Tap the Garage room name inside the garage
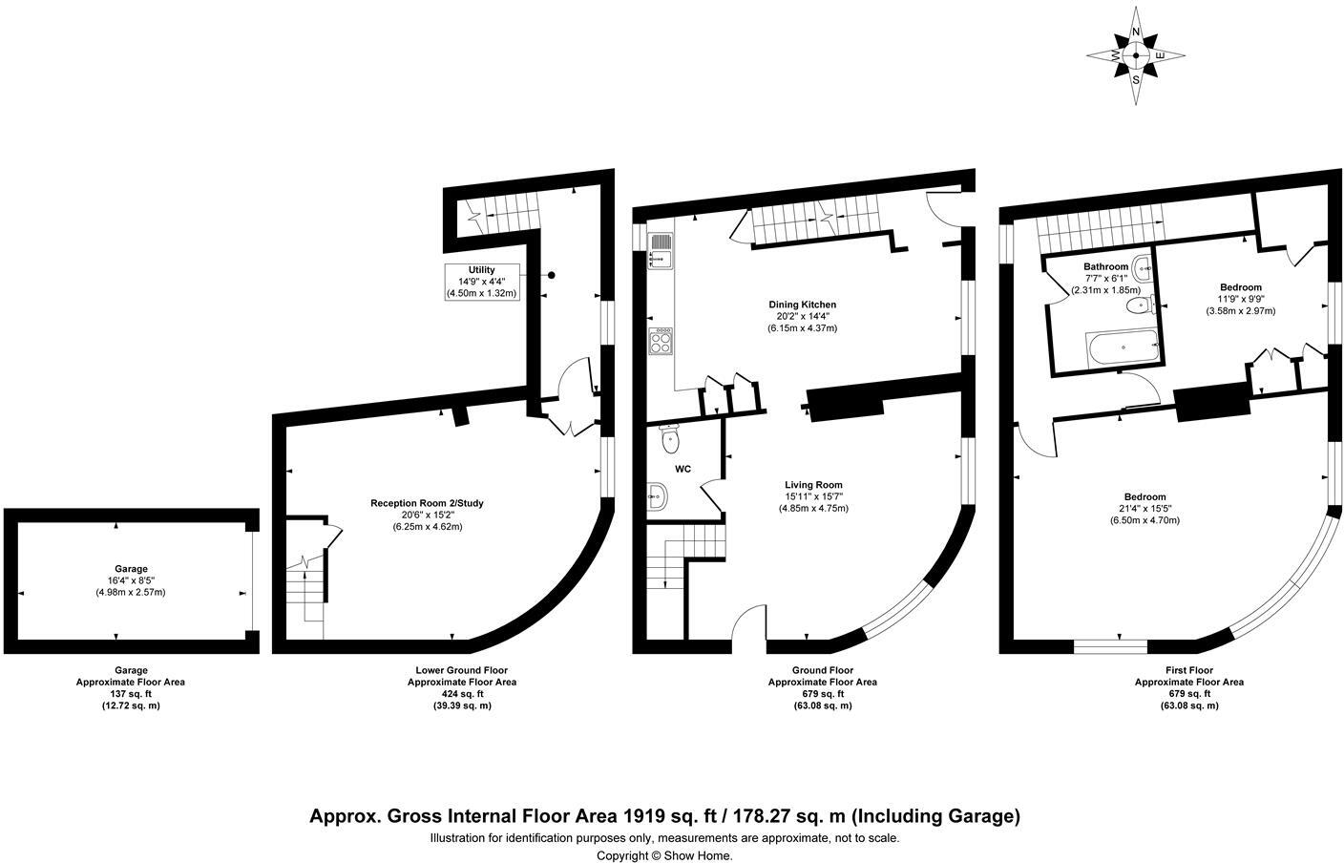coord(131,568)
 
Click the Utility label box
coord(482,282)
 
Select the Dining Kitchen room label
coord(802,305)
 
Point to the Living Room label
coord(813,484)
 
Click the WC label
coord(682,469)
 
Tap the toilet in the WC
coord(669,439)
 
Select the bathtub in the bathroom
coord(1122,347)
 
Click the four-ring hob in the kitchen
coord(660,341)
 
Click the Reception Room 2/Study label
coord(427,503)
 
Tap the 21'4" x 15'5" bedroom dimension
coord(1144,508)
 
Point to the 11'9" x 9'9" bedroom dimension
coord(1241,299)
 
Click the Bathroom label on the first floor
coord(1105,266)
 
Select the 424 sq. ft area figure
coord(462,694)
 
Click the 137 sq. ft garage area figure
coord(131,694)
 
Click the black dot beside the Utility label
coord(551,276)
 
